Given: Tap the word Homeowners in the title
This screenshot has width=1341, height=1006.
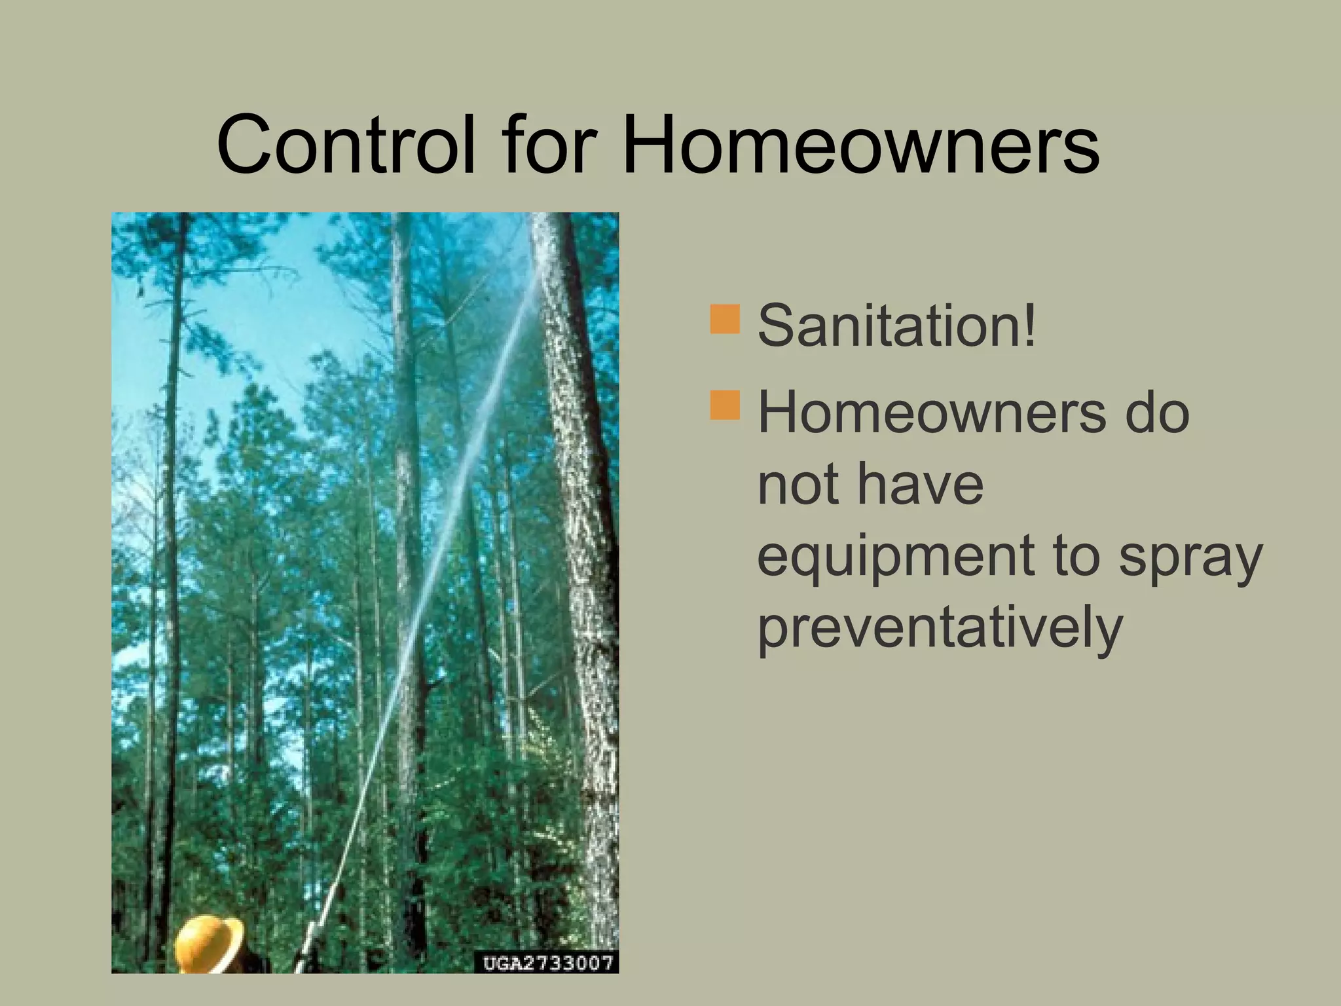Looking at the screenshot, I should click(x=860, y=145).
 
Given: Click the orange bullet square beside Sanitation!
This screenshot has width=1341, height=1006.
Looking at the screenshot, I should click(x=724, y=319).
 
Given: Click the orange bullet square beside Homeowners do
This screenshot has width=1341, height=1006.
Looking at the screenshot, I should click(x=724, y=405).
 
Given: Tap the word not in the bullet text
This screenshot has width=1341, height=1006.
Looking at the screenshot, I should click(x=796, y=485).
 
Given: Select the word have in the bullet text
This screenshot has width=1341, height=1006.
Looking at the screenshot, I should click(x=919, y=485).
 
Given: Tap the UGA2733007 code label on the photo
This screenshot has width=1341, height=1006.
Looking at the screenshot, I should click(x=547, y=963).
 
